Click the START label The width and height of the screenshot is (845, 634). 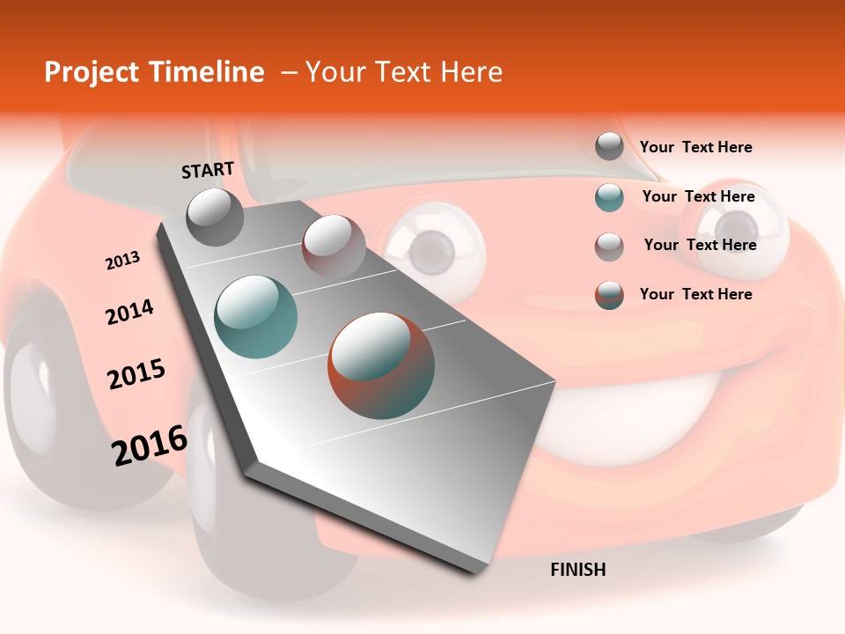208,170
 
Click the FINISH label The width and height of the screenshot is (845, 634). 577,570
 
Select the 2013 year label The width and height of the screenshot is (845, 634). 122,261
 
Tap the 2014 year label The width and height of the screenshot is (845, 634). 129,313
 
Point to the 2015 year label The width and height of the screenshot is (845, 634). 136,374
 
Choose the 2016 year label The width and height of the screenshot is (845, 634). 150,446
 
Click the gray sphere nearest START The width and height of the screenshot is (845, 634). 216,217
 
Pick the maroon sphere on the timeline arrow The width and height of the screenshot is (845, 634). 334,247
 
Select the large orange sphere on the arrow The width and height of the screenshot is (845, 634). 381,365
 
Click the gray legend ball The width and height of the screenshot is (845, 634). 609,146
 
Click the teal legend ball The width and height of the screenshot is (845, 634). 609,197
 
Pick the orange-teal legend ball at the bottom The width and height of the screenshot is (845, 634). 609,295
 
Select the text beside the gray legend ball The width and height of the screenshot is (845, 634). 695,147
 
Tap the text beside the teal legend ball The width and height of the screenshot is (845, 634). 698,196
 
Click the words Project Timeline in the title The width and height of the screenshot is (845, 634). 154,72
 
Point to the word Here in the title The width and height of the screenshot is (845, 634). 471,72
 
